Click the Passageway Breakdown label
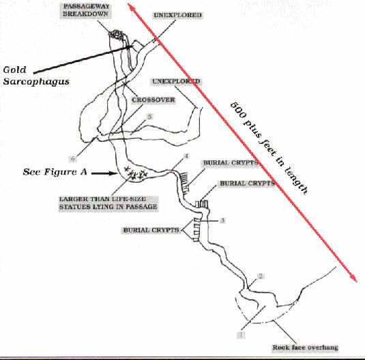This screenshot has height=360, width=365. pos(86,10)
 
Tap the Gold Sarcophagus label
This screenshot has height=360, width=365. pos(36,76)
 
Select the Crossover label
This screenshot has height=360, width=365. pos(154,100)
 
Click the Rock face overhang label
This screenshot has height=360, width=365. pos(305,348)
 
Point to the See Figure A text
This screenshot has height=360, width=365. pos(55,172)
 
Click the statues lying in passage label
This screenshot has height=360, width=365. pos(108,203)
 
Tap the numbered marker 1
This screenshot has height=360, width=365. pos(241,335)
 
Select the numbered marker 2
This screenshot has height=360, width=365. pos(261,276)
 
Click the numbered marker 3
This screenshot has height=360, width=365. pos(222,220)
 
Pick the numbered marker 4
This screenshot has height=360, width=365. pos(186,156)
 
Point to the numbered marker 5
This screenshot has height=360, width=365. pos(149,117)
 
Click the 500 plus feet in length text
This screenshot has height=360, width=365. pos(269,148)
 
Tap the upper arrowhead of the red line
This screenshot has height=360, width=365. pos(131,7)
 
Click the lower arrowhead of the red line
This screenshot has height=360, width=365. pos(354,279)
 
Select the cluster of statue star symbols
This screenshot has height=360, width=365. pos(136,173)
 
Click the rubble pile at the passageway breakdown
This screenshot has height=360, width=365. pos(116,35)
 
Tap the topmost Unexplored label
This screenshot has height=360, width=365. pos(177,15)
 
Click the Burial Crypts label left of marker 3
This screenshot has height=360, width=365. pos(151,230)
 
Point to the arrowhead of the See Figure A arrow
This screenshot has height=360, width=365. pos(115,173)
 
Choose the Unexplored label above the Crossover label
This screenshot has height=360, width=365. pos(176,81)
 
